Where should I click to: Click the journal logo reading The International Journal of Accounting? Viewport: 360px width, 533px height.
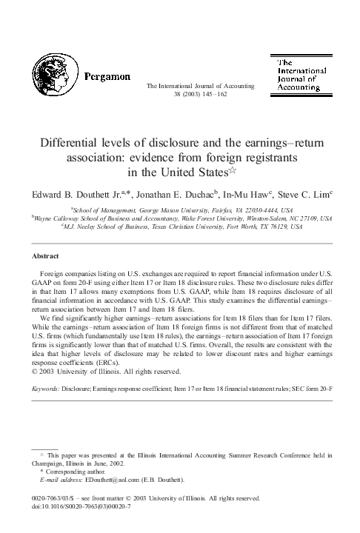(299, 76)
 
